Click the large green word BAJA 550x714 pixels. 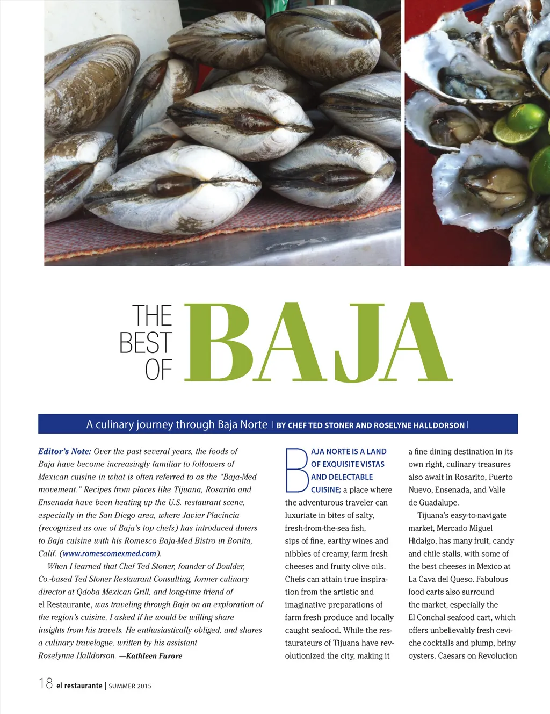318,342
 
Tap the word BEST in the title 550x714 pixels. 146,343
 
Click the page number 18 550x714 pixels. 46,683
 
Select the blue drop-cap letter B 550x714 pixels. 296,471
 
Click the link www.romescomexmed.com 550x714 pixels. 110,553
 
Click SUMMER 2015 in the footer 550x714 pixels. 130,686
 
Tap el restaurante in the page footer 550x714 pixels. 79,686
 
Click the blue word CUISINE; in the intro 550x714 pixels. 325,490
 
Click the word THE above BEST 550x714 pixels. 152,316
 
